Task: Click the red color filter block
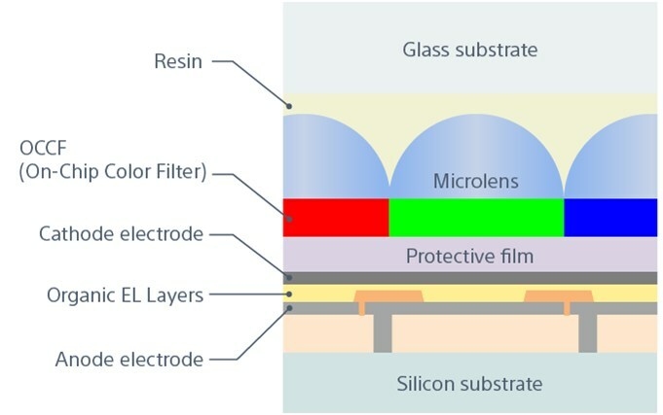336,218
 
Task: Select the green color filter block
476,218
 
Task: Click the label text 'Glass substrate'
469,49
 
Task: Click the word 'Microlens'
476,182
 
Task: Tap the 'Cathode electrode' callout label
121,234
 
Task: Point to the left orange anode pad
387,295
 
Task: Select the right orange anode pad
558,295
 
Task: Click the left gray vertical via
384,332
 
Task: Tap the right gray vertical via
587,332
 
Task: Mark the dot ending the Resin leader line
289,105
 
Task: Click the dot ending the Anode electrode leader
289,308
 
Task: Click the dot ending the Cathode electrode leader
289,277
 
